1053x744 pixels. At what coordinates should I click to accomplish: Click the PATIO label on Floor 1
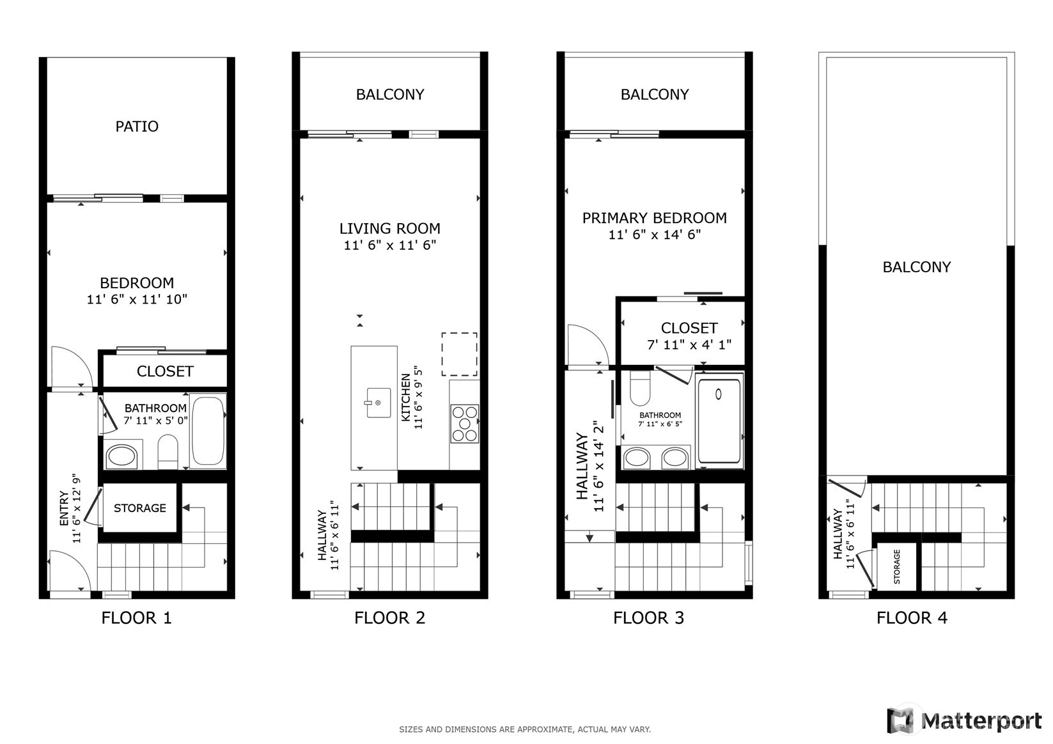(137, 127)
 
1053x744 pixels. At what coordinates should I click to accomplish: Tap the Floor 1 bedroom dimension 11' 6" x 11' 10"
(137, 299)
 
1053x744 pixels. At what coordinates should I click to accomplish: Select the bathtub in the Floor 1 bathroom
(207, 431)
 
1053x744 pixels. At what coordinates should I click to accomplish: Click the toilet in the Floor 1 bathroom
(168, 451)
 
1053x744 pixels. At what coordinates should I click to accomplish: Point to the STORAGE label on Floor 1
(139, 508)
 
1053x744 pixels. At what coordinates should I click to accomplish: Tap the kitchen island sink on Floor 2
(378, 403)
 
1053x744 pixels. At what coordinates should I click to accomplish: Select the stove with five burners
(464, 424)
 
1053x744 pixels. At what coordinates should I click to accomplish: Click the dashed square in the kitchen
(459, 354)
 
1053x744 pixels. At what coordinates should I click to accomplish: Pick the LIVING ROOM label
(390, 229)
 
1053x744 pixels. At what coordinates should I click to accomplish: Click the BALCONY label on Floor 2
(390, 95)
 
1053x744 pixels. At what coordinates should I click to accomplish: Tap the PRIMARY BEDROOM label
(654, 218)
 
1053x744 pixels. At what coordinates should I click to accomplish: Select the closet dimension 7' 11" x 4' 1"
(689, 345)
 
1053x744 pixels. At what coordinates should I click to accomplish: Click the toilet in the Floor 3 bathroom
(640, 388)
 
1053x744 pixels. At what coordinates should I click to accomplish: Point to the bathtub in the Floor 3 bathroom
(719, 421)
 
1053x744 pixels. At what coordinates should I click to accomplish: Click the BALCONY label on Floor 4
(917, 267)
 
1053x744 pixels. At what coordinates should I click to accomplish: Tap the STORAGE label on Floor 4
(896, 567)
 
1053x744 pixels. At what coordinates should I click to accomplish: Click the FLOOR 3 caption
(648, 618)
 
